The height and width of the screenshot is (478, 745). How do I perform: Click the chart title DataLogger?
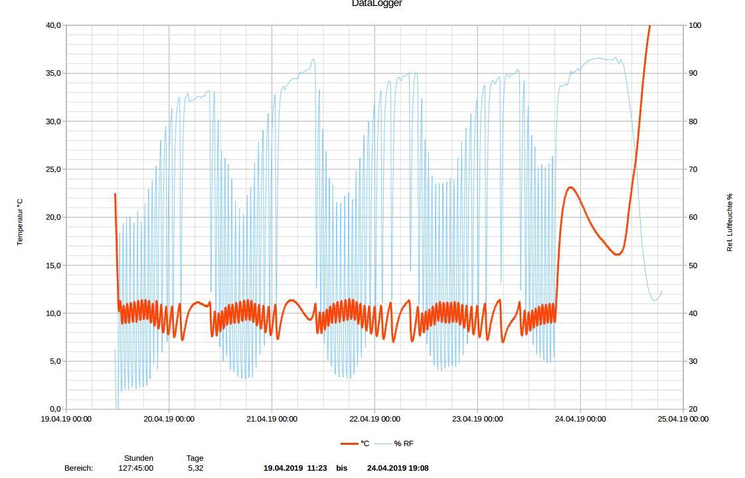pyautogui.click(x=376, y=3)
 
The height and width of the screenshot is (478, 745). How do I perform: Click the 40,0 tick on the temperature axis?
pyautogui.click(x=52, y=25)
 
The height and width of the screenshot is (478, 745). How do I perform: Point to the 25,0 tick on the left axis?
pyautogui.click(x=52, y=169)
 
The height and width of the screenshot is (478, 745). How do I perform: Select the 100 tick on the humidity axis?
pyautogui.click(x=695, y=25)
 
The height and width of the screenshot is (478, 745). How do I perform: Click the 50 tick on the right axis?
pyautogui.click(x=693, y=266)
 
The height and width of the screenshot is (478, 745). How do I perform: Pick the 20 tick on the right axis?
pyautogui.click(x=693, y=410)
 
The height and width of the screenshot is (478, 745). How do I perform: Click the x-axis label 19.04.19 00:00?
pyautogui.click(x=66, y=419)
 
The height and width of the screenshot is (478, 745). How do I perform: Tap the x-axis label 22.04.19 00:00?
pyautogui.click(x=374, y=419)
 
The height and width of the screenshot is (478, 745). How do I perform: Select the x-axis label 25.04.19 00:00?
pyautogui.click(x=683, y=419)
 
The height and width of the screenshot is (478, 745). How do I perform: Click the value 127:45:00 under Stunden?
pyautogui.click(x=135, y=468)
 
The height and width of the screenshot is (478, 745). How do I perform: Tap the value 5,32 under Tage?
pyautogui.click(x=195, y=468)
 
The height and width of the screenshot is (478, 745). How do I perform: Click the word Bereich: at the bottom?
pyautogui.click(x=78, y=468)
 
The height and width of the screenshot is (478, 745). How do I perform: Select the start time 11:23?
pyautogui.click(x=316, y=468)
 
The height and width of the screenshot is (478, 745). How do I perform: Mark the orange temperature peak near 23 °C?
pyautogui.click(x=570, y=188)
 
